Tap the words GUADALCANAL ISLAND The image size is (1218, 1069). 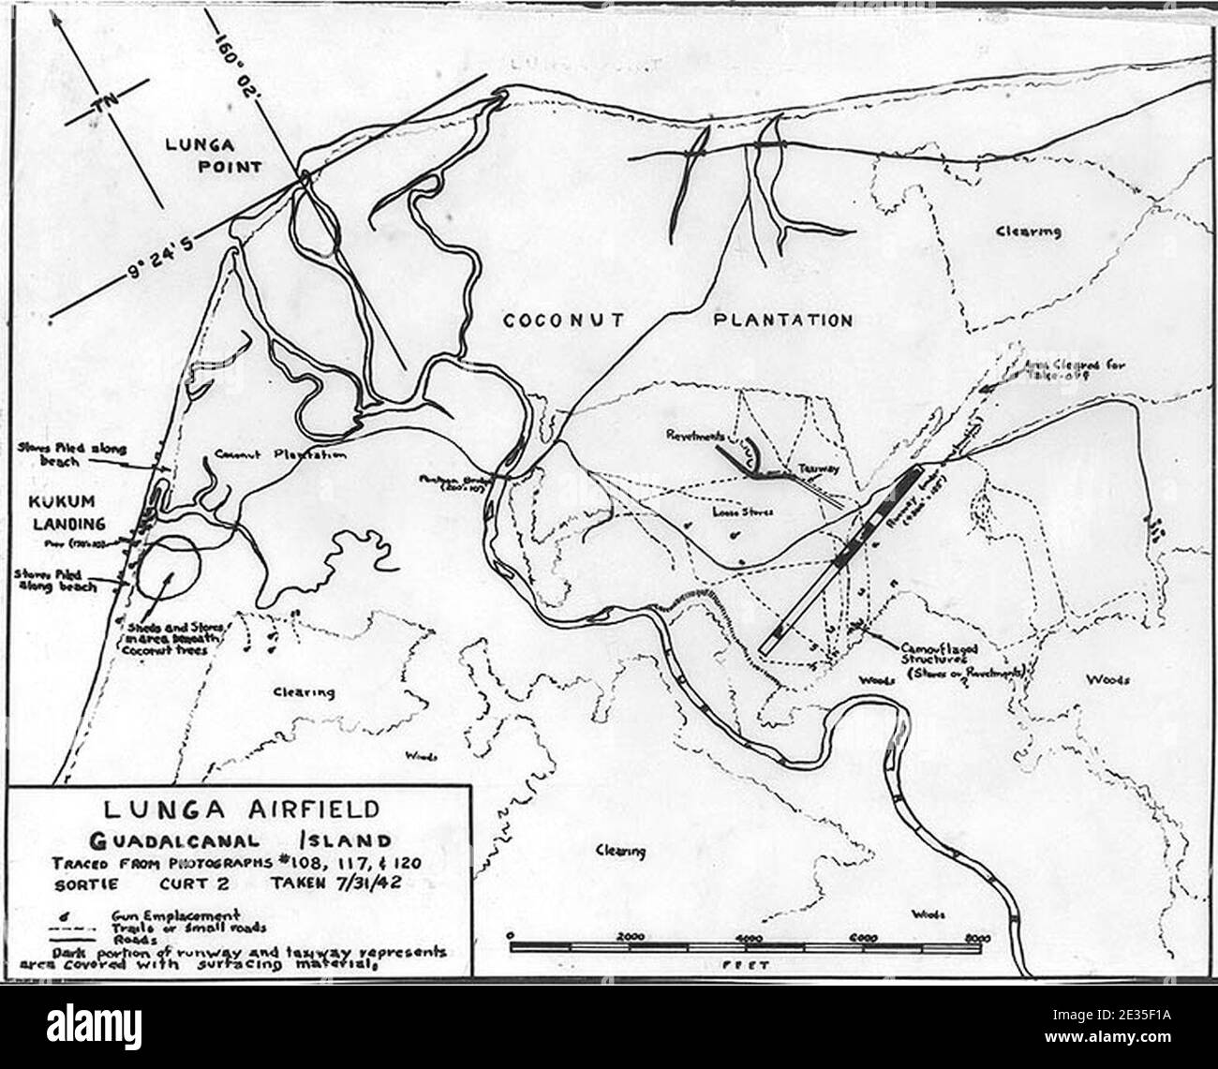[240, 840]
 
